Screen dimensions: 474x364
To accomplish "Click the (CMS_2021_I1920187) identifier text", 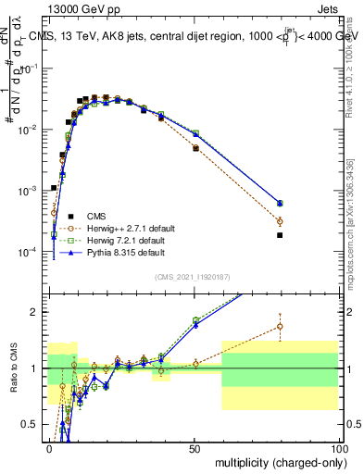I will (193, 275).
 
